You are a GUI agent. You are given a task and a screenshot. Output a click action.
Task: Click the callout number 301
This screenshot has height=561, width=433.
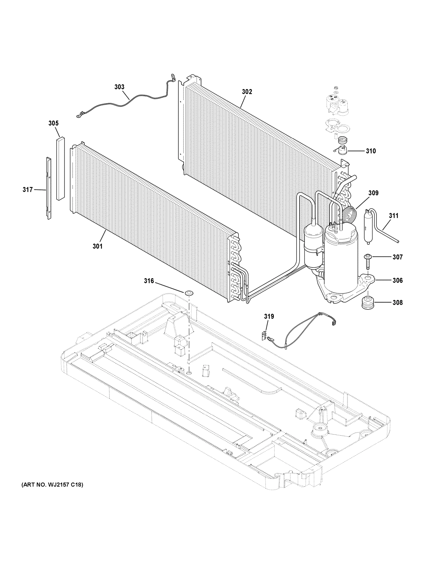(98, 246)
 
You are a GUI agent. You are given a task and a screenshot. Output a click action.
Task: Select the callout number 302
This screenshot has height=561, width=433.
(247, 92)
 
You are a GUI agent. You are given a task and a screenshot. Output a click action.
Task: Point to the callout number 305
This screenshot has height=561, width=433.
(53, 123)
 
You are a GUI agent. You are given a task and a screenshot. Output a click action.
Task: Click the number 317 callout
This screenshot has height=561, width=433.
(28, 190)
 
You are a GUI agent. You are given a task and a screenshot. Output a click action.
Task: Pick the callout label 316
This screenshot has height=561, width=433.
(149, 281)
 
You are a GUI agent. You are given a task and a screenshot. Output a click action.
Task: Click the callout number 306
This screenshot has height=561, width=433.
(397, 280)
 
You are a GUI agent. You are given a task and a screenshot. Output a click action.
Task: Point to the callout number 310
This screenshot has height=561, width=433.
(371, 151)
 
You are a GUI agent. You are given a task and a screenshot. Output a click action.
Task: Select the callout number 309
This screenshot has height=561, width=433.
(373, 193)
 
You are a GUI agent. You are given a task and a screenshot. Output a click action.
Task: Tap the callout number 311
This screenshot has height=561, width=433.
(394, 216)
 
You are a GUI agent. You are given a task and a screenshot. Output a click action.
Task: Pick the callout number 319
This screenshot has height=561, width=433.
(269, 316)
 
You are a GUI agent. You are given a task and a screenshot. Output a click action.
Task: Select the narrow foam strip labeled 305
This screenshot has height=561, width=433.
(60, 169)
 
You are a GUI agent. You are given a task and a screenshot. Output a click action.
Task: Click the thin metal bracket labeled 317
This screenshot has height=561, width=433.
(49, 188)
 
